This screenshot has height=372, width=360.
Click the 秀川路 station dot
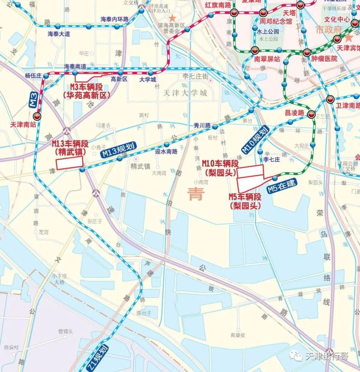click(x=215, y=127)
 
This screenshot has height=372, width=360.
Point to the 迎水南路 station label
click(x=166, y=151)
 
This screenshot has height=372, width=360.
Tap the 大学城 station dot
click(x=150, y=73)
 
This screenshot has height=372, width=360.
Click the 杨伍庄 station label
click(x=33, y=75)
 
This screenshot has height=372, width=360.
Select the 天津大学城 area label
click(x=185, y=93)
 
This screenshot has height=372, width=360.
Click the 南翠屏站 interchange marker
click(x=255, y=50)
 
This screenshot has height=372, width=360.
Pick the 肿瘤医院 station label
click(x=324, y=59)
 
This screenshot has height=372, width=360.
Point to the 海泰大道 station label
click(x=59, y=34)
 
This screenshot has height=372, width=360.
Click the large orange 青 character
click(x=195, y=194)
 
